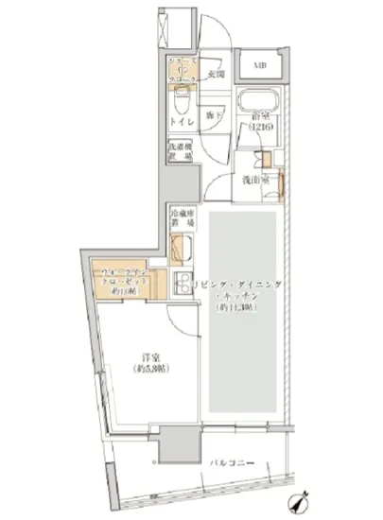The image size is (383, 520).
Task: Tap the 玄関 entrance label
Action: pos(216,74)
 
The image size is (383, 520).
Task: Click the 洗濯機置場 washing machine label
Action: pos(181,153)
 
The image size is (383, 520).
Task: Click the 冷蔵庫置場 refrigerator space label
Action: pos(182,219)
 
